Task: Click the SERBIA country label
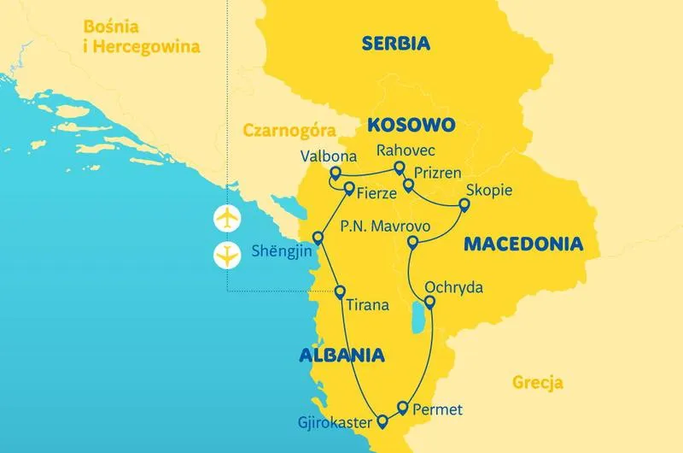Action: coord(395,44)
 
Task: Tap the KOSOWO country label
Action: coord(411,125)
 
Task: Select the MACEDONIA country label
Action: coord(523,244)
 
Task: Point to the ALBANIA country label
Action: coord(341,356)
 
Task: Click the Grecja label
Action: coord(538,382)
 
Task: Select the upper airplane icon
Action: coord(227,218)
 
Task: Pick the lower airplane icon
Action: coord(227,254)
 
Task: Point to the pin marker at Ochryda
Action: coord(429,302)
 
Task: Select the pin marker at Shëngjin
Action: coord(318,237)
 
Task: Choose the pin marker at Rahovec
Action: coord(399,168)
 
